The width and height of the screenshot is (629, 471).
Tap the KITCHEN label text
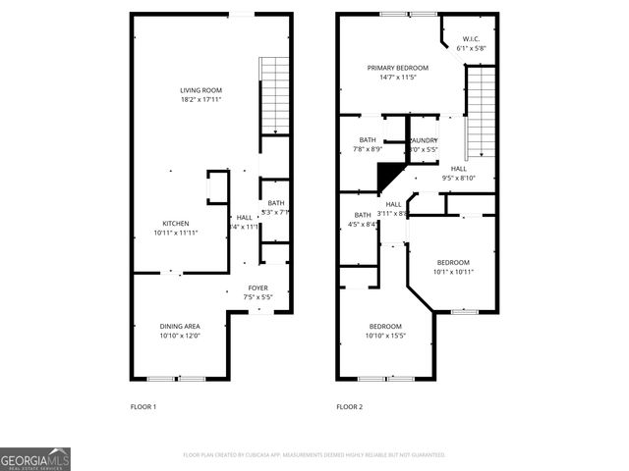point(176,222)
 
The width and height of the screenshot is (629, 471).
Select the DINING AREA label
point(180,326)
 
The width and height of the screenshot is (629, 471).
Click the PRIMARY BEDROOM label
point(398,68)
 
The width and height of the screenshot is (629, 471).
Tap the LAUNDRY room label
point(423,140)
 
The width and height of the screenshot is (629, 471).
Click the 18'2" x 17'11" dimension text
point(200,99)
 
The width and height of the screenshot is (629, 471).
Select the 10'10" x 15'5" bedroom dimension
point(385,336)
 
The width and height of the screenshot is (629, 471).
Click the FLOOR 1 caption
point(143,406)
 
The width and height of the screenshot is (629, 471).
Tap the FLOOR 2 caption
point(349,406)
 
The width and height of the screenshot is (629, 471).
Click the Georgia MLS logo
point(35,459)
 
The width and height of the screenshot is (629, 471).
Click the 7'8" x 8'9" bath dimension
point(368,149)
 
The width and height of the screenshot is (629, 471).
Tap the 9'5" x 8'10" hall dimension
point(458,178)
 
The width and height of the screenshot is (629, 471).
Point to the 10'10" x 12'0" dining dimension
point(180,336)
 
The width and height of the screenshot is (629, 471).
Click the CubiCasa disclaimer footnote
point(314,455)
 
